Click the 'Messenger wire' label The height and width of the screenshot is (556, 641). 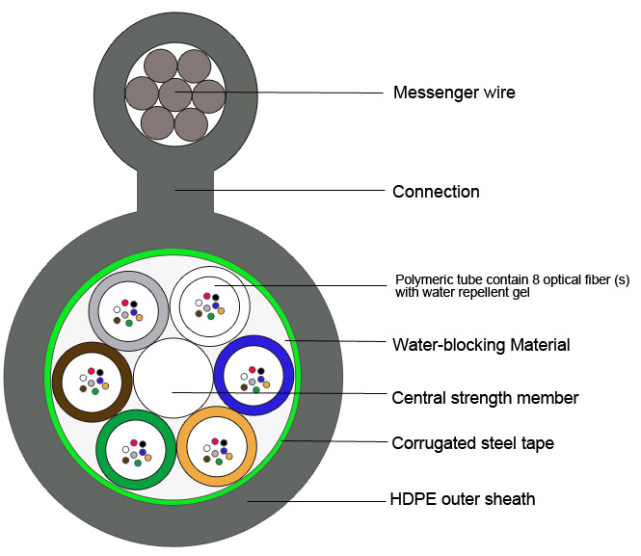(x=454, y=93)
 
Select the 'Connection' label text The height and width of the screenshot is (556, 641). (x=436, y=192)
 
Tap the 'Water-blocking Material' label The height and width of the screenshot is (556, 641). (x=481, y=345)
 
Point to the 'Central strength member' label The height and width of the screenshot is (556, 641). (x=485, y=398)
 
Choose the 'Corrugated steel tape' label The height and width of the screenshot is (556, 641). (x=473, y=443)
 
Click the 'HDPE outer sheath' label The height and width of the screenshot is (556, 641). (x=463, y=499)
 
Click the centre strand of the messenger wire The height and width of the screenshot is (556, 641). (x=175, y=94)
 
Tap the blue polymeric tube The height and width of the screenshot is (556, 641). (x=218, y=376)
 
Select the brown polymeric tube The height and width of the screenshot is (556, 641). (x=57, y=382)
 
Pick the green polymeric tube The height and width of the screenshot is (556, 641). (x=101, y=449)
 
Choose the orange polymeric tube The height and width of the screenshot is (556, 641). (x=182, y=446)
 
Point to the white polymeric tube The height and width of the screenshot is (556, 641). (x=174, y=306)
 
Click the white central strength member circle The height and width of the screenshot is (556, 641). (x=174, y=378)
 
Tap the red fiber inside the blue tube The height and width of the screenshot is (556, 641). (x=253, y=370)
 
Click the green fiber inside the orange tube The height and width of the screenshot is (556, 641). (x=219, y=462)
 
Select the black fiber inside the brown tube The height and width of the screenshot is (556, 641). (x=99, y=372)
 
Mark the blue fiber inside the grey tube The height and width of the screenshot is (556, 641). (x=134, y=312)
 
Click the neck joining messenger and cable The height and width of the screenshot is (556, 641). (x=175, y=191)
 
